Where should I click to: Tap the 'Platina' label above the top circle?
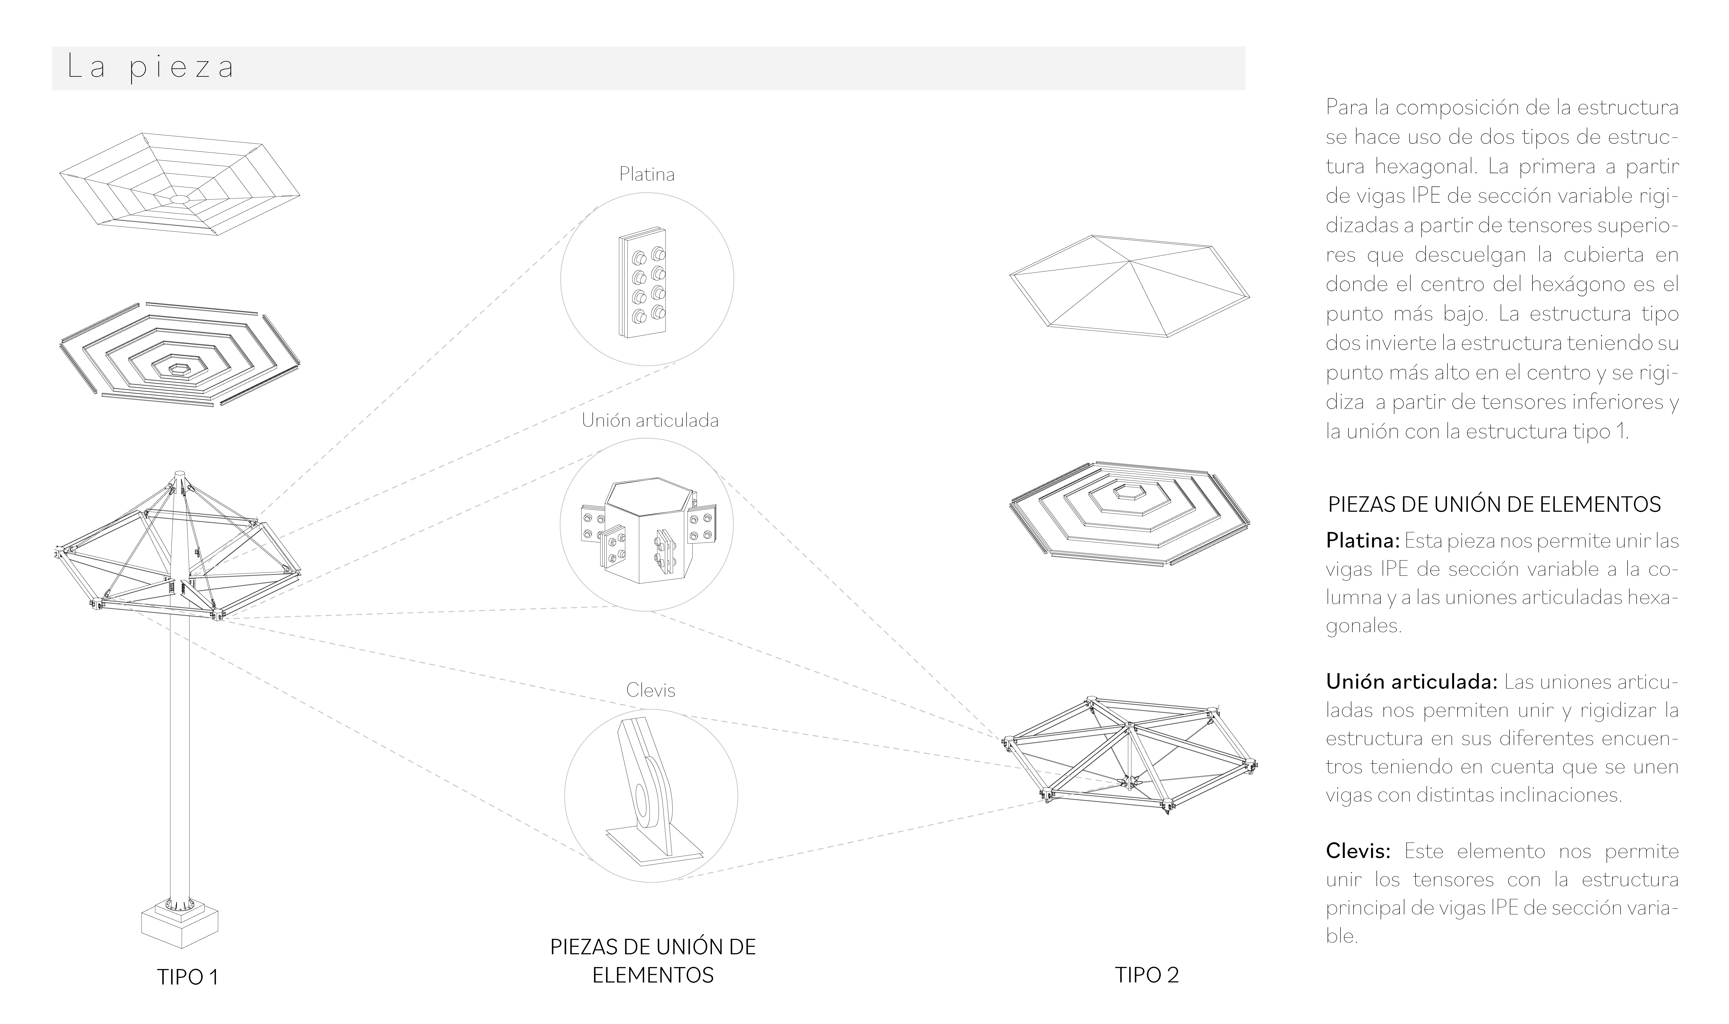pos(647,175)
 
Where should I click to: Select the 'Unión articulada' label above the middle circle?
pos(650,420)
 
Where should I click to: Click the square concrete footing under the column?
pos(180,925)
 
